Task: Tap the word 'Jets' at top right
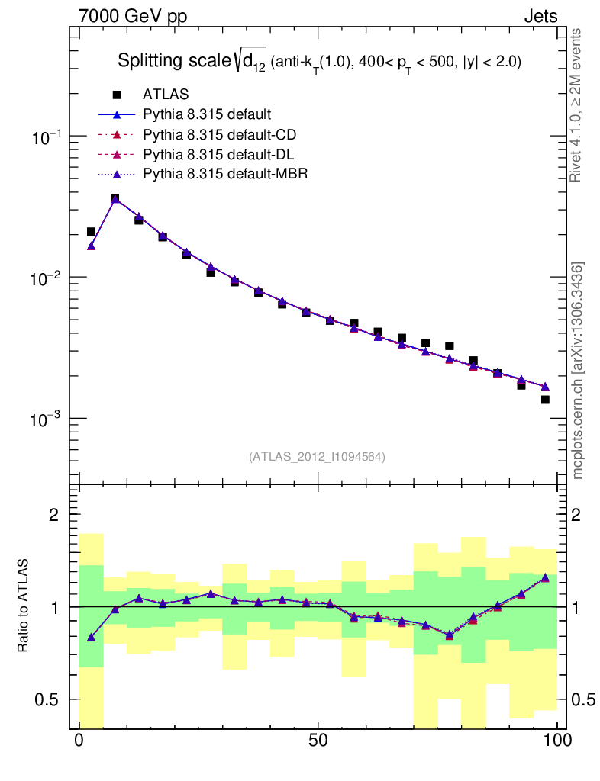(x=540, y=16)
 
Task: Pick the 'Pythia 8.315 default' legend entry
(x=207, y=115)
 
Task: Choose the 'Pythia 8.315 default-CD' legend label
(x=220, y=135)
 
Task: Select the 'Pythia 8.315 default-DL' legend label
(x=219, y=155)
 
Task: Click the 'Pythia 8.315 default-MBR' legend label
(x=225, y=175)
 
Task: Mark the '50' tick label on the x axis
(x=318, y=741)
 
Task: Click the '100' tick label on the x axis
(x=557, y=741)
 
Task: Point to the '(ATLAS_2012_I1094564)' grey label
(x=317, y=457)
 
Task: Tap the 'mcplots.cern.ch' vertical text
(x=577, y=371)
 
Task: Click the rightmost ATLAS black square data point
(x=545, y=400)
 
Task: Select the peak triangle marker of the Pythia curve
(x=115, y=200)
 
